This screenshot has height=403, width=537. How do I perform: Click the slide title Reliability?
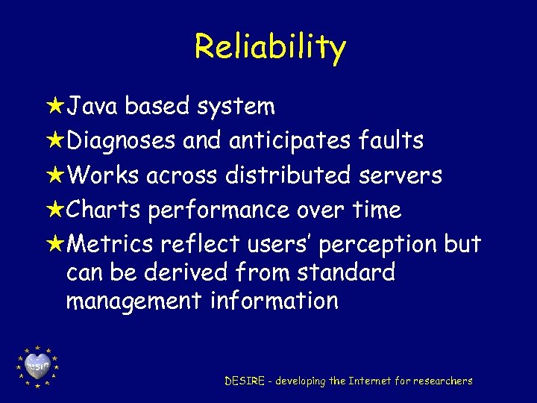270,46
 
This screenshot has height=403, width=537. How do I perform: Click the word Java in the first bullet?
93,107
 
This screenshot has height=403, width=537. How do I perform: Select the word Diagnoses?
122,140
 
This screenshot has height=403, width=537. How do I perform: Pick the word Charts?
103,210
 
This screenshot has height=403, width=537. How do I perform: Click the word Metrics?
110,245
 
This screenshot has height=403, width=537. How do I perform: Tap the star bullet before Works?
55,175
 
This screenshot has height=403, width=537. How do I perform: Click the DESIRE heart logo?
37,366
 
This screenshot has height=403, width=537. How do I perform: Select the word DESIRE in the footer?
245,381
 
